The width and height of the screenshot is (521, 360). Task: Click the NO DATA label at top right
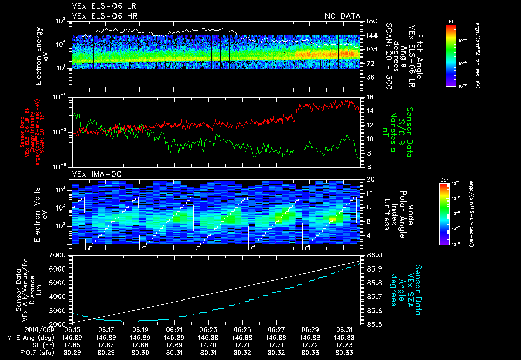click(x=342, y=16)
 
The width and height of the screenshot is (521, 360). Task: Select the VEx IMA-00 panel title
click(x=93, y=174)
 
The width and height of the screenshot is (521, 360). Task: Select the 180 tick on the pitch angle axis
click(x=371, y=21)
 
